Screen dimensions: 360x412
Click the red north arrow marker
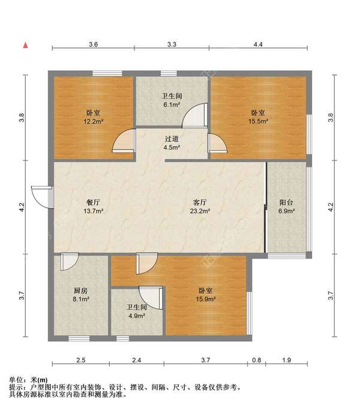tap(26, 45)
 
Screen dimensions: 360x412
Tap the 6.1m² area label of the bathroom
tap(172, 104)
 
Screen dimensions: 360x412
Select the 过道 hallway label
tap(172, 139)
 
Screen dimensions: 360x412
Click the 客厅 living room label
tap(200, 202)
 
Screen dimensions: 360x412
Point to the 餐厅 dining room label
tap(93, 202)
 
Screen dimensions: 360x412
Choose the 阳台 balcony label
tap(286, 202)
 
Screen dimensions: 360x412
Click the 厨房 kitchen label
tap(81, 291)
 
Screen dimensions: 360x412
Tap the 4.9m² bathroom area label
tap(137, 316)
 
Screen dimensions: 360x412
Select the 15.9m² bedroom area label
tap(206, 299)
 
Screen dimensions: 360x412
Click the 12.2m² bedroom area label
tap(94, 121)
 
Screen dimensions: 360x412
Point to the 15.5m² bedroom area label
tap(258, 121)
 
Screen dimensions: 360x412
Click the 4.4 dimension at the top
tap(258, 44)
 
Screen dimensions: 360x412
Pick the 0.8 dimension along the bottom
tap(257, 360)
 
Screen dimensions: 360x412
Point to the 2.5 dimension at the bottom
tap(81, 360)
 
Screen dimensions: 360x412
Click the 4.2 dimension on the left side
tap(22, 207)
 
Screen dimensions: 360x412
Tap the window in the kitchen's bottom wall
tap(79, 338)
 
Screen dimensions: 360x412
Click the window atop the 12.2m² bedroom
tap(107, 73)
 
